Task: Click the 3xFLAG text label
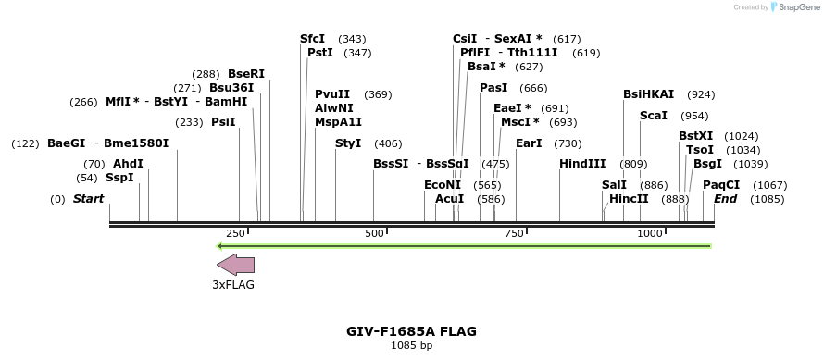click(233, 285)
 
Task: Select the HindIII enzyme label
click(582, 164)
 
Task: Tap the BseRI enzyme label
click(246, 74)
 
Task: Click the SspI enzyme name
click(119, 178)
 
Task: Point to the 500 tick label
click(375, 233)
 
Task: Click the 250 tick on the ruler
click(248, 229)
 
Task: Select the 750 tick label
click(514, 233)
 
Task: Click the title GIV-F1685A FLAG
click(412, 330)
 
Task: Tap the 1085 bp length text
click(412, 346)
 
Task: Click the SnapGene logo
click(793, 7)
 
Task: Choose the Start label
click(89, 199)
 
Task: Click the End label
click(726, 199)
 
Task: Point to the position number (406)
click(388, 143)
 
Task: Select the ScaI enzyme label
click(654, 116)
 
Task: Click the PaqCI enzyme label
click(721, 185)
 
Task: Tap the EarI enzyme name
click(529, 143)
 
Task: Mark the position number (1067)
click(770, 185)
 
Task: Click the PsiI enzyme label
click(223, 122)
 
